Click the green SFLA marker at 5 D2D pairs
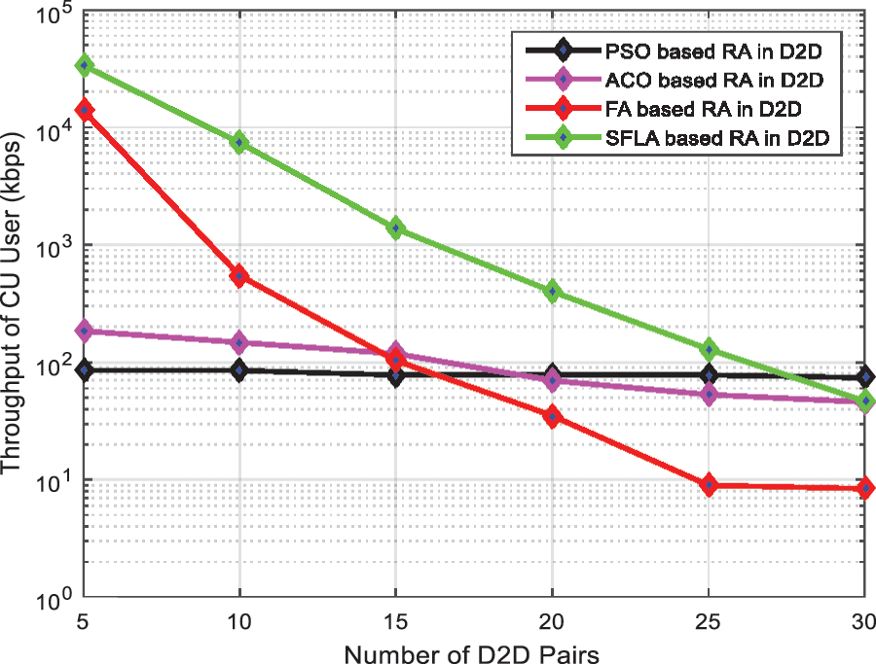tap(85, 65)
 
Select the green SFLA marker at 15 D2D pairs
tap(396, 227)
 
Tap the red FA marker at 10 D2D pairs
tap(240, 276)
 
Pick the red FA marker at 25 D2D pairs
tap(709, 484)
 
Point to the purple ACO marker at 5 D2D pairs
tap(85, 331)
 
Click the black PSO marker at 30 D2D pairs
tap(864, 377)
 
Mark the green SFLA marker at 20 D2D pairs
tap(553, 291)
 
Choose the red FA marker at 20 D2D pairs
tap(553, 417)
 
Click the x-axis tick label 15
tap(396, 620)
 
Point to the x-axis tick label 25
tap(709, 620)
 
